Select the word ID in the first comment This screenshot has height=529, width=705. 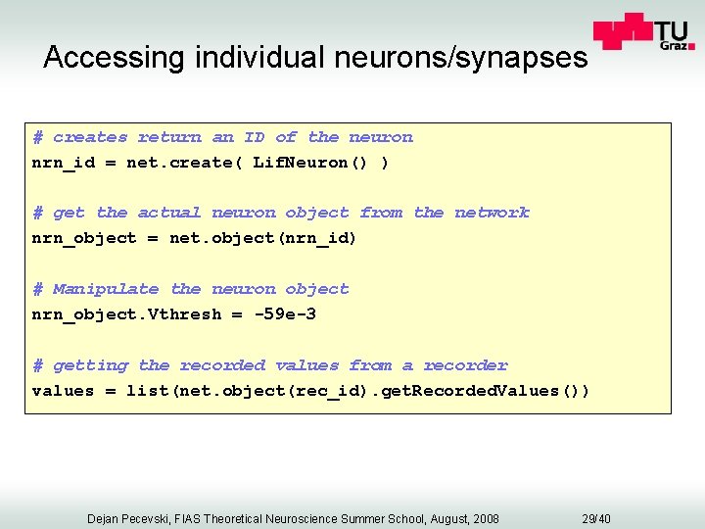[254, 137]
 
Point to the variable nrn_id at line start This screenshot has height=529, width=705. [64, 163]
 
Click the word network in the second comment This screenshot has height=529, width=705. [492, 213]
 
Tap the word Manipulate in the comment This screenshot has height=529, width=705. [106, 289]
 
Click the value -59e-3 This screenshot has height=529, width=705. [285, 314]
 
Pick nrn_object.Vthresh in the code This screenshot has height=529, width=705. [127, 314]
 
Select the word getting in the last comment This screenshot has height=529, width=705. [90, 365]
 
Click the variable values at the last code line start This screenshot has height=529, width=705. [64, 391]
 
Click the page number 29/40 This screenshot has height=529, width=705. [595, 518]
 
